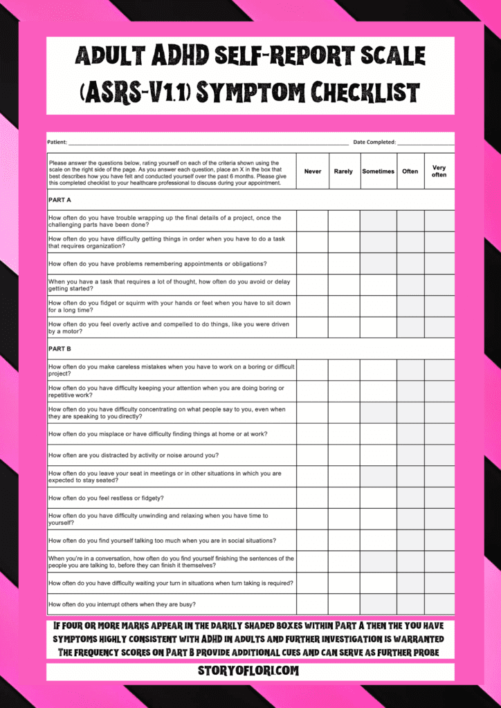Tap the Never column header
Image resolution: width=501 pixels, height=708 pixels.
pyautogui.click(x=313, y=171)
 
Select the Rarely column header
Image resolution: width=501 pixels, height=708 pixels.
pyautogui.click(x=343, y=171)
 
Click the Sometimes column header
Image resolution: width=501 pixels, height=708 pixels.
pyautogui.click(x=378, y=171)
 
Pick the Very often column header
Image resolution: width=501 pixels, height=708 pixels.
pyautogui.click(x=439, y=171)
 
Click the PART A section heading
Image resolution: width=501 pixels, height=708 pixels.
pyautogui.click(x=60, y=200)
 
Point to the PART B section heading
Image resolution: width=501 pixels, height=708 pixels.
pyautogui.click(x=60, y=349)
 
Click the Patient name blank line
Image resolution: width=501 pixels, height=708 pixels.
pyautogui.click(x=208, y=142)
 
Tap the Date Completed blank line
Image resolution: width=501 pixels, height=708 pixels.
pyautogui.click(x=425, y=142)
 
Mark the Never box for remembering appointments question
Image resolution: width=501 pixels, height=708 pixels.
pyautogui.click(x=312, y=263)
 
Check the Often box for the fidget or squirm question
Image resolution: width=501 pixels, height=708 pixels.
pyautogui.click(x=410, y=306)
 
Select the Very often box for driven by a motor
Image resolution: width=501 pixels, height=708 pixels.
pyautogui.click(x=439, y=328)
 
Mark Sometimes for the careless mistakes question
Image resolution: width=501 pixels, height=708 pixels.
pyautogui.click(x=378, y=370)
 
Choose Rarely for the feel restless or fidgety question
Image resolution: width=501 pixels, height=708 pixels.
pyautogui.click(x=343, y=498)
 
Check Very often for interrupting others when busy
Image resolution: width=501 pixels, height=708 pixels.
pyautogui.click(x=439, y=604)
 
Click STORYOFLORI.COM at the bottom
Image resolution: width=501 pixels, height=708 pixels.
pyautogui.click(x=250, y=671)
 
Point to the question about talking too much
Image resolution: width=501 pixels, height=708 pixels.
pyautogui.click(x=163, y=541)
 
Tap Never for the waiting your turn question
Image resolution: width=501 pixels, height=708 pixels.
pyautogui.click(x=312, y=583)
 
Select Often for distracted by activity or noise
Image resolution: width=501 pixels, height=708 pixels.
pyautogui.click(x=410, y=455)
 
